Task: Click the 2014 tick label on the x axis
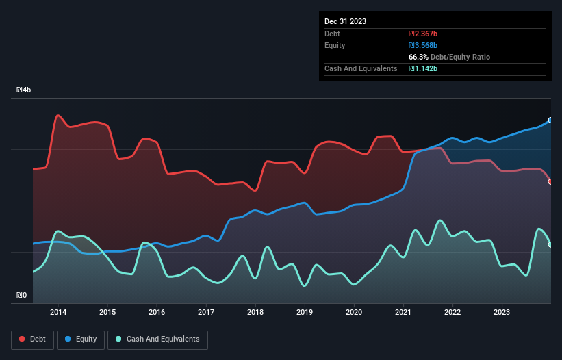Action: tap(58, 313)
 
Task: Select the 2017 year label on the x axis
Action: tap(206, 313)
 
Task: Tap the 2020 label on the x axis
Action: tap(354, 313)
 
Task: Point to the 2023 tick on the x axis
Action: tap(502, 313)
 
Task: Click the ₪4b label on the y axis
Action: tap(24, 90)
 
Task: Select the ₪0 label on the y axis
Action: tap(22, 296)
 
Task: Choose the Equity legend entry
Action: tap(81, 339)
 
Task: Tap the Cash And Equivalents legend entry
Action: tap(157, 339)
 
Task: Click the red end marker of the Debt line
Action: tap(550, 181)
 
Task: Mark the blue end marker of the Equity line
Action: tap(550, 120)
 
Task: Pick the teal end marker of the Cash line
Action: tap(550, 244)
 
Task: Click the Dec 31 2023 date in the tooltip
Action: tap(345, 21)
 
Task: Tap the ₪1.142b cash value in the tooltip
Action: tap(423, 68)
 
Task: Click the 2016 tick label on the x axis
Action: tap(157, 313)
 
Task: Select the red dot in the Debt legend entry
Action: tap(23, 339)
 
